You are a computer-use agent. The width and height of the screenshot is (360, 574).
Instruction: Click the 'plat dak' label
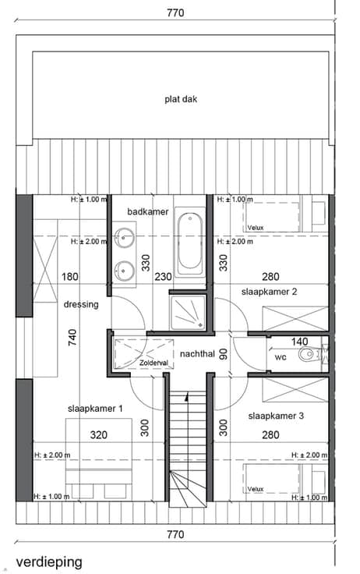point(181,99)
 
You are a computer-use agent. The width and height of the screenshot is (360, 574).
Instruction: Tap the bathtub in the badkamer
point(190,241)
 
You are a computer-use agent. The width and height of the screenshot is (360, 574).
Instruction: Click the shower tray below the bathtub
point(188,312)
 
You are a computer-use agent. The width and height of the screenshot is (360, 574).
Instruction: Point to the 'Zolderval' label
point(154,363)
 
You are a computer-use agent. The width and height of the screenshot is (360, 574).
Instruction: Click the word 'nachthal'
point(197,354)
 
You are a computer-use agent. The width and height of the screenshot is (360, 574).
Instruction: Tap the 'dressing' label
point(81,305)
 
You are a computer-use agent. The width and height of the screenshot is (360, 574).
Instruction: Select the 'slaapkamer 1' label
point(95,409)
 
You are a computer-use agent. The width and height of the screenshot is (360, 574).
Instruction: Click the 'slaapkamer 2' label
point(269,292)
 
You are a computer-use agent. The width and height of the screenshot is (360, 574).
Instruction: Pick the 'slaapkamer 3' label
point(276,416)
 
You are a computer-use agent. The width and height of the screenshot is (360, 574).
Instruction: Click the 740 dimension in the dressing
point(72,338)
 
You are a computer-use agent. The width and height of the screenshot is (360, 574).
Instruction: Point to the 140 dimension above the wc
point(299,342)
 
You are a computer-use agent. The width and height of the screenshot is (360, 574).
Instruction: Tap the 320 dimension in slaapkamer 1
point(99,435)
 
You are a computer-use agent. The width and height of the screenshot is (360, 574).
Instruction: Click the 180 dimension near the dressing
point(70,276)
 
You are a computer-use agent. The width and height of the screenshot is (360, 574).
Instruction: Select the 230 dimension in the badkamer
point(163,276)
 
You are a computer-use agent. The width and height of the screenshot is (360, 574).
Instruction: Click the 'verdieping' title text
point(48,562)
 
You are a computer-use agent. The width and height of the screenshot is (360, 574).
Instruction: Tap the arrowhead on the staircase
point(187,395)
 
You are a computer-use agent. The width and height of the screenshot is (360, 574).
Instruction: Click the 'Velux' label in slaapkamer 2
point(256,228)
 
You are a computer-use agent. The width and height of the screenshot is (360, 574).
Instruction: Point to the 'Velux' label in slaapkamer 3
point(256,489)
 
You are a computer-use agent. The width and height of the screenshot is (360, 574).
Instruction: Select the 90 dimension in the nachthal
point(223,354)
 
